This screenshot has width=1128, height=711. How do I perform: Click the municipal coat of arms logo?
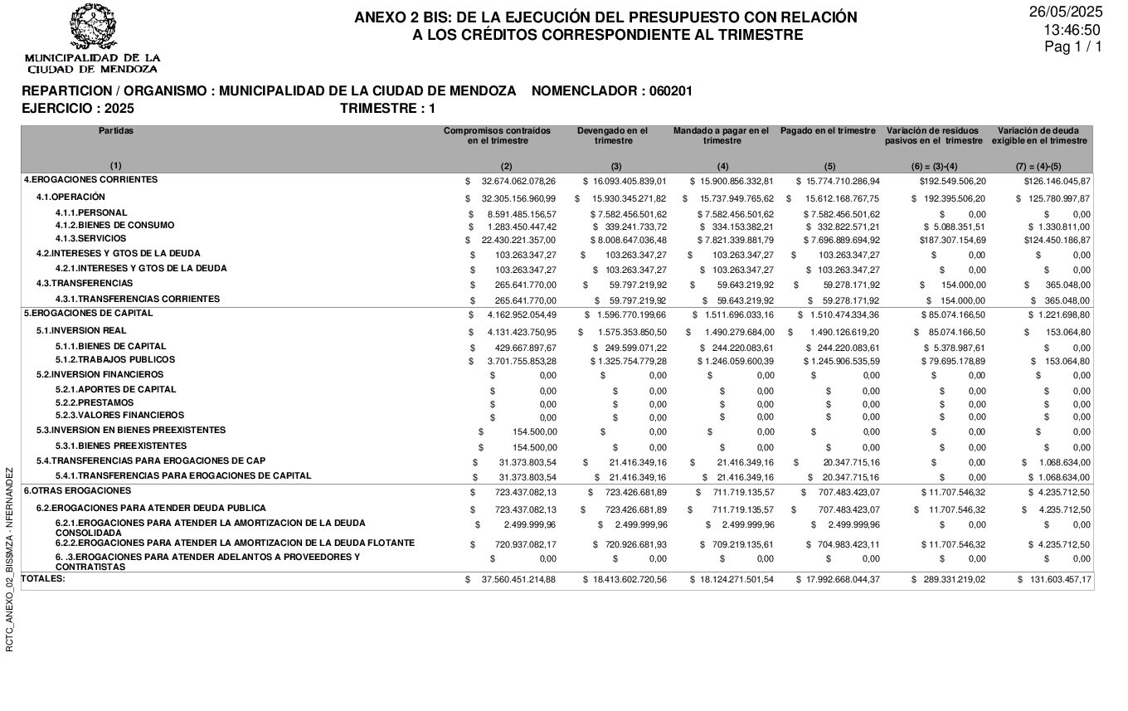tap(93, 27)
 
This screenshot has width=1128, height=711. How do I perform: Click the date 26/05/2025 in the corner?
tap(1066, 12)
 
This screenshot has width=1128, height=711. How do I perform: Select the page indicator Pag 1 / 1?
tap(1073, 47)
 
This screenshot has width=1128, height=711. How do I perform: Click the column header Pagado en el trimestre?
tap(828, 131)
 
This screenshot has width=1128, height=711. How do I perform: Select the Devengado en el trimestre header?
tap(613, 135)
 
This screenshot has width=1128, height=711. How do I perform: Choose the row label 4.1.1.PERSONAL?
tap(91, 213)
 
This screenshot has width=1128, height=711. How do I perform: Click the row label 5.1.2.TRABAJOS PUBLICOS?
tap(115, 360)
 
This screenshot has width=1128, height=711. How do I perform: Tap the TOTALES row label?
tap(43, 578)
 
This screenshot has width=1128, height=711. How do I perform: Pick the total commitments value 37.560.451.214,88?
tap(518, 579)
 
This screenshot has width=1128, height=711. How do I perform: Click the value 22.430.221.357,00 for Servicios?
tap(518, 240)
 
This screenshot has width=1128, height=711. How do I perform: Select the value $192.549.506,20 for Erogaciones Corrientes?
tap(952, 181)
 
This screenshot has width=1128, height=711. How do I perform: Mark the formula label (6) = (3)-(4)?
tap(934, 167)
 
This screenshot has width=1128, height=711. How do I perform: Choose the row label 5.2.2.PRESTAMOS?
tap(95, 402)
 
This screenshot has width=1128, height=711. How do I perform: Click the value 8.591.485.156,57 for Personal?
tap(518, 214)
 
